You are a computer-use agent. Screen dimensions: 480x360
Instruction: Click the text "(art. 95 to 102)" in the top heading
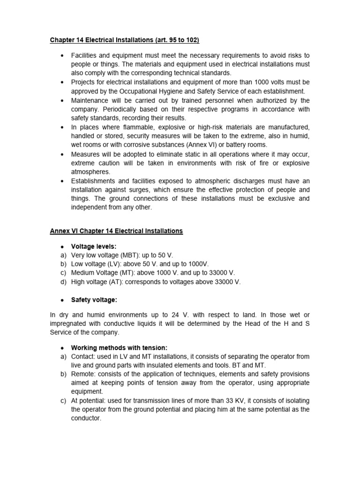(165, 40)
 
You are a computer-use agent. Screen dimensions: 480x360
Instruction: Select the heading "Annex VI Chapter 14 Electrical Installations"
(116, 231)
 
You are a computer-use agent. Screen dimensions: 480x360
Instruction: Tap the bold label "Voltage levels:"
(93, 246)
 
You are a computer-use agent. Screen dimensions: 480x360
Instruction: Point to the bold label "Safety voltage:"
(94, 300)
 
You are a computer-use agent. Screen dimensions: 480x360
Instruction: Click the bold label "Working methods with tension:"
(119, 348)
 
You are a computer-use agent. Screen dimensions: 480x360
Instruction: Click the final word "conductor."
(86, 419)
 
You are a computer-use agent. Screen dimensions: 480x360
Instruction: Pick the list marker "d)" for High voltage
(63, 282)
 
